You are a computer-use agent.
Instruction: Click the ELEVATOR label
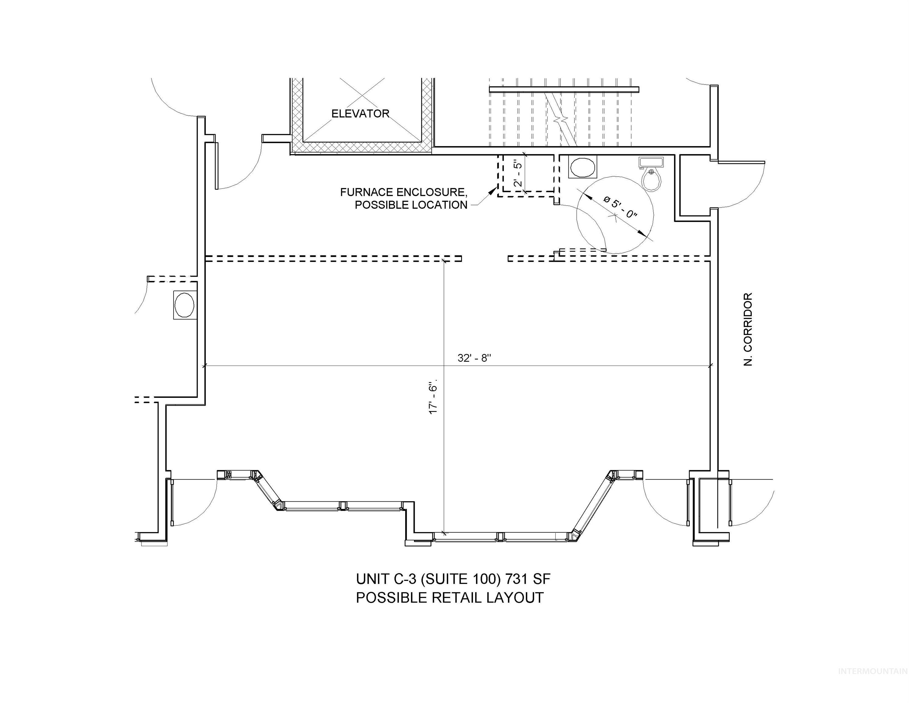point(360,114)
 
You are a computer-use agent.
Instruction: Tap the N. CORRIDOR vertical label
point(748,329)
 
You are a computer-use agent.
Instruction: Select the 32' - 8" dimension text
point(474,358)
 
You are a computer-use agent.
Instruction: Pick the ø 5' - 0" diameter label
point(620,208)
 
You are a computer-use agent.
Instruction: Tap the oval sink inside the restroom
point(583,168)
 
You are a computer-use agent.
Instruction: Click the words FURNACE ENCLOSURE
point(403,193)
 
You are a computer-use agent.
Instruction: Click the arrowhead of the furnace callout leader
point(493,192)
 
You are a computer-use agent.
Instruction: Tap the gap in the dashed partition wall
point(485,258)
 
